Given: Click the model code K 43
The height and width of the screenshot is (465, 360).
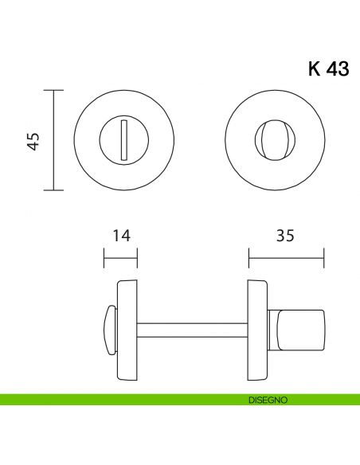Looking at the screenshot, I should point(327,69).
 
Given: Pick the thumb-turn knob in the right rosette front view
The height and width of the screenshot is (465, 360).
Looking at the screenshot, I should point(266,141).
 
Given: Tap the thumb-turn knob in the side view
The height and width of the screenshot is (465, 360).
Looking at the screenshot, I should point(302,327).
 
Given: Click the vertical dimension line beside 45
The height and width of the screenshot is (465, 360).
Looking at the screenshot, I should point(53,140).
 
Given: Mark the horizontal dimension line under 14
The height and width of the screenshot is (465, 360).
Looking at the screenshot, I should point(121,259).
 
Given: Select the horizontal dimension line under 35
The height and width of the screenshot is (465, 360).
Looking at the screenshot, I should point(286,259).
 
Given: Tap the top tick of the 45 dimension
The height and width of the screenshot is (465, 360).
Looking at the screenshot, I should point(53,90).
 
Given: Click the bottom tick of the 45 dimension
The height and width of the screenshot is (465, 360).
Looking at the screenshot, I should point(53,190).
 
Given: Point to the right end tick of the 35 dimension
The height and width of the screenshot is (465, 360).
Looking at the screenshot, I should point(324,259).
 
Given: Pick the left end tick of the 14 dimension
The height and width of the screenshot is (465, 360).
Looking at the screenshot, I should point(104,259).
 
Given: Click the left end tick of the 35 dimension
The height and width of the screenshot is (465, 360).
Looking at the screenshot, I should point(248,259).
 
